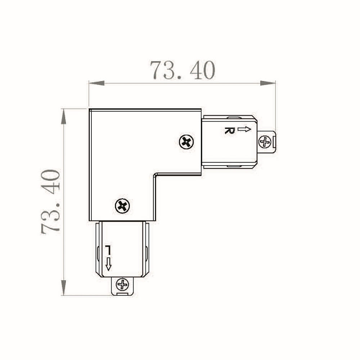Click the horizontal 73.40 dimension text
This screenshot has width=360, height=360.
[183, 70]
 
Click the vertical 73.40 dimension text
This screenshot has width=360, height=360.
[50, 201]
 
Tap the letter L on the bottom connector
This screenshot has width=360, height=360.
[108, 250]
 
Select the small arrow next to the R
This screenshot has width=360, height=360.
[244, 129]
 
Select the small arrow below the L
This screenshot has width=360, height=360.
[108, 264]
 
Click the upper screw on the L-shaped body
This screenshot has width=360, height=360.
[186, 142]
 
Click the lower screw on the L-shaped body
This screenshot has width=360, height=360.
[122, 206]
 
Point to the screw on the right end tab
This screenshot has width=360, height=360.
[265, 142]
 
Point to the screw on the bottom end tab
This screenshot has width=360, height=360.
[123, 285]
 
